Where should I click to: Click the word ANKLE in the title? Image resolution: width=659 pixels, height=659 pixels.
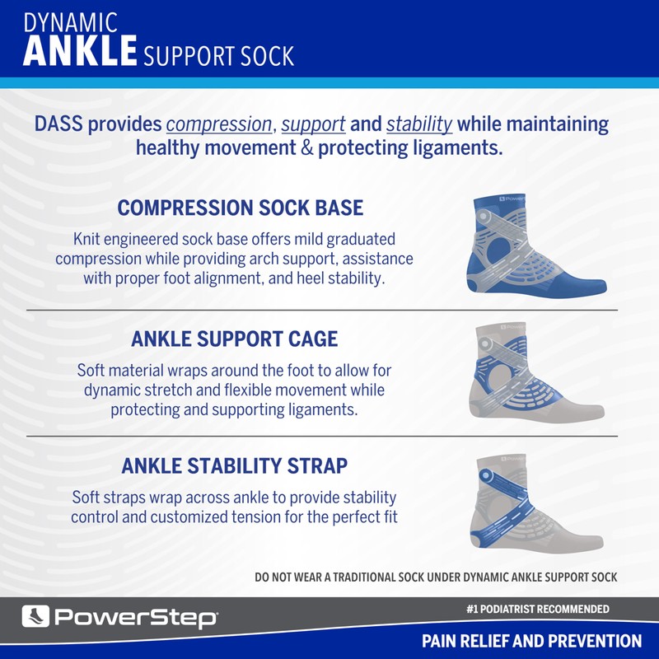pyautogui.click(x=80, y=50)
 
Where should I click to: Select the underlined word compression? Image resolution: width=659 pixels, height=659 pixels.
pyautogui.click(x=219, y=125)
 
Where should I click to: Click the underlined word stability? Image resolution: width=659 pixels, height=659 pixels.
pyautogui.click(x=419, y=125)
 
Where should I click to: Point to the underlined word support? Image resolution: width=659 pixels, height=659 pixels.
pyautogui.click(x=313, y=125)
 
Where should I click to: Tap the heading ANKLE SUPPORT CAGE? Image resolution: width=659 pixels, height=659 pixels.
pyautogui.click(x=235, y=339)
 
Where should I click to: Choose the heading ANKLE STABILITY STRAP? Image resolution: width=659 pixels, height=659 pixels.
pyautogui.click(x=235, y=466)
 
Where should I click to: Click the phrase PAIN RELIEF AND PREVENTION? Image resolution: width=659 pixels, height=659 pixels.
pyautogui.click(x=531, y=641)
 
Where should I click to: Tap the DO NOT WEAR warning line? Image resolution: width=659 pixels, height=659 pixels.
pyautogui.click(x=436, y=577)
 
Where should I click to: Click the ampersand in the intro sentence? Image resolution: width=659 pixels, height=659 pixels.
pyautogui.click(x=306, y=150)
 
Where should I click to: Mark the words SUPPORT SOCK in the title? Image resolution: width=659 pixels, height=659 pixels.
pyautogui.click(x=218, y=55)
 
